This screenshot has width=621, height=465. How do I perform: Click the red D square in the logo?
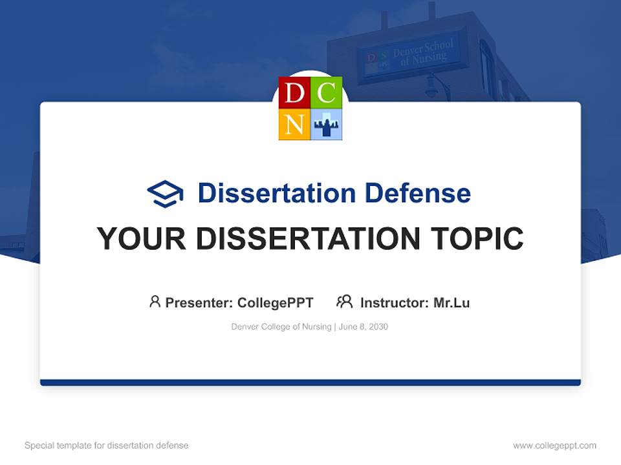point(294,92)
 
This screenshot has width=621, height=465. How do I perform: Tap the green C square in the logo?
point(327,92)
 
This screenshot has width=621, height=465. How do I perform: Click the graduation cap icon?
point(165,193)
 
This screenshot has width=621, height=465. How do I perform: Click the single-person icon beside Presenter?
point(155,302)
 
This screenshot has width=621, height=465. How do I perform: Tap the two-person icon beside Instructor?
point(344,302)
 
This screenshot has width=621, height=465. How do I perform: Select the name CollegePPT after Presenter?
point(275,302)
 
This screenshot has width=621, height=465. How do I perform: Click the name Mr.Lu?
point(452,302)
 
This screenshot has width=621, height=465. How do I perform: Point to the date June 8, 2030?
point(364,327)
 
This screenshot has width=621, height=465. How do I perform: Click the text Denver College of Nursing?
point(281,327)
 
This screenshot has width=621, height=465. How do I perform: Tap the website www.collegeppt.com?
point(554,446)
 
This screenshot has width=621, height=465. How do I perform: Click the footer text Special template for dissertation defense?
point(106,446)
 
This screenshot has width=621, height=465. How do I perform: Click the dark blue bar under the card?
point(310,382)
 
